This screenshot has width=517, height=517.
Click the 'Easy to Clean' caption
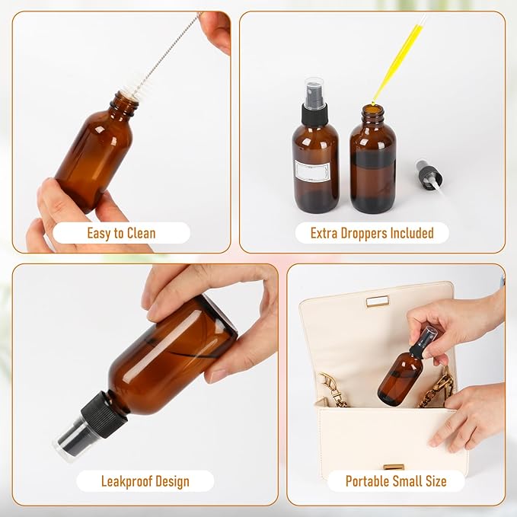pos(121,233)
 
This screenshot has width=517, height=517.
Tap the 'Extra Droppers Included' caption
pos(372,233)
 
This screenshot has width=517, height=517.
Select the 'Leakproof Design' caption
pos(145,481)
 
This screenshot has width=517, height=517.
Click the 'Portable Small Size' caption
pos(395,481)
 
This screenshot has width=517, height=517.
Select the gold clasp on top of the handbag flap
pos(377,302)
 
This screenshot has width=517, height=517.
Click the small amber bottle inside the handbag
pos(401,377)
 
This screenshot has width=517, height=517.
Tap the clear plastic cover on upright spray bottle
pos(314,89)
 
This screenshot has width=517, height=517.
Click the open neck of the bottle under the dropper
pos(372,112)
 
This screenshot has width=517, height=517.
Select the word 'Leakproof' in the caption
pos(126,481)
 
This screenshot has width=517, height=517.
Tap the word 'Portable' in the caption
pos(370,481)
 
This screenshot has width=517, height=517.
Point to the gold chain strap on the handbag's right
pos(439,388)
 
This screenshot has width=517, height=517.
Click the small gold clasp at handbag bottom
pos(394,467)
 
